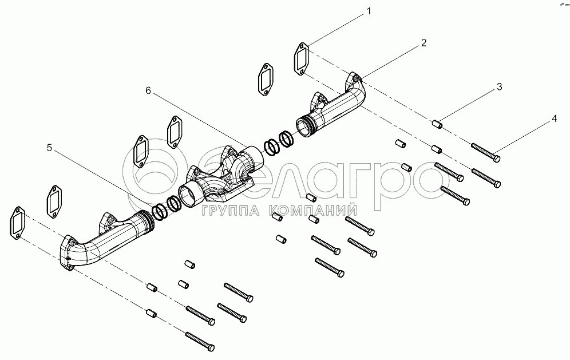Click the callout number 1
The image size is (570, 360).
coord(369,11)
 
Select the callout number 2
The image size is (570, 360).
coord(423,43)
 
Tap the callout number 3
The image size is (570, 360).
coord(500,87)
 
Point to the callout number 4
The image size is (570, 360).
coord(554,118)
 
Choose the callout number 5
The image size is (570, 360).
coord(50,148)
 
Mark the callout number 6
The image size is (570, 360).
coord(148,90)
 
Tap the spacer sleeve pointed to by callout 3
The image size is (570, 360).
coord(437,124)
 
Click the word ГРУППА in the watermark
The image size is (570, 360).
coord(229,210)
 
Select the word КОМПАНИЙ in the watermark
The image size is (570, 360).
coord(313,210)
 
